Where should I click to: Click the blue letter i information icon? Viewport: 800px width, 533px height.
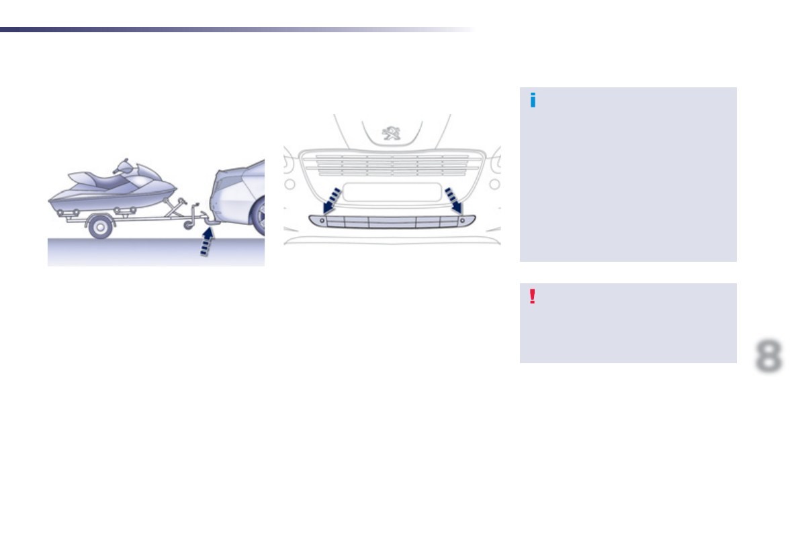click(x=533, y=101)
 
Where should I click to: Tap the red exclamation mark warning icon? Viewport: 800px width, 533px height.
click(x=533, y=297)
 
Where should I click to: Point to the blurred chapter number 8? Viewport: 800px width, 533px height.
click(x=768, y=356)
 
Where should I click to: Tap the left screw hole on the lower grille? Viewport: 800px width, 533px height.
click(x=322, y=220)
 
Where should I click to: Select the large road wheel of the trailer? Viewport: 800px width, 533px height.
click(x=100, y=228)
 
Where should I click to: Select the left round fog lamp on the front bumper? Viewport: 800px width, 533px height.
click(x=290, y=184)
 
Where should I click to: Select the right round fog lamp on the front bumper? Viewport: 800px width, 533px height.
click(x=494, y=184)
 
